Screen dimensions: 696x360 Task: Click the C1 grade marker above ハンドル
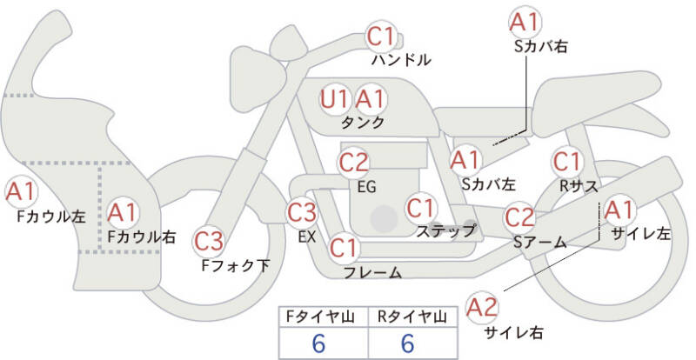click(x=380, y=37)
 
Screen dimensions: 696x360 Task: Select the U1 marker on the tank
click(x=335, y=99)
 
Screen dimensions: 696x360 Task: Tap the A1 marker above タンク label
click(x=371, y=99)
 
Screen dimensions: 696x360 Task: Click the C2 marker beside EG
click(x=354, y=163)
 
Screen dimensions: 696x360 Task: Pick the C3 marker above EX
click(x=301, y=213)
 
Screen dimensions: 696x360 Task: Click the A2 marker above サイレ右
click(x=482, y=307)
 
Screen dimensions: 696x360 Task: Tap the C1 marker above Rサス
click(x=567, y=162)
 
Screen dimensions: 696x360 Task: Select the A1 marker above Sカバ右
click(x=525, y=22)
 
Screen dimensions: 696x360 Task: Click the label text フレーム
click(x=373, y=272)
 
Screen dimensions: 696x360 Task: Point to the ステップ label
click(x=445, y=230)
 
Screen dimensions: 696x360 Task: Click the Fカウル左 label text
click(x=51, y=217)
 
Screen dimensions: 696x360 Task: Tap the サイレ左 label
click(x=641, y=234)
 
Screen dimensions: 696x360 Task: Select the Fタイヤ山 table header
click(x=320, y=317)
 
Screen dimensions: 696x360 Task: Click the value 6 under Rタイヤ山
click(x=407, y=343)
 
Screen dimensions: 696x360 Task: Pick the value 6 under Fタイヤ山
click(x=318, y=343)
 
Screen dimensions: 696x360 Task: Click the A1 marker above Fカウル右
click(x=122, y=213)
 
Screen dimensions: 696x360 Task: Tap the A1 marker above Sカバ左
click(x=465, y=160)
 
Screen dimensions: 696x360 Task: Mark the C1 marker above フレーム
click(x=344, y=248)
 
